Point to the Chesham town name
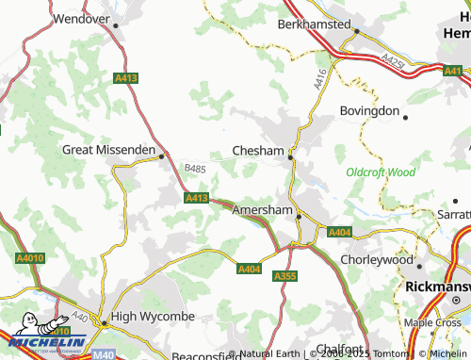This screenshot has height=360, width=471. point(258,150)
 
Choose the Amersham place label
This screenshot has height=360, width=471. point(262,208)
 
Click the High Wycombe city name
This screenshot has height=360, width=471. point(149,317)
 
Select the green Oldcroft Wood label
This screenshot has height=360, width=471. point(381,172)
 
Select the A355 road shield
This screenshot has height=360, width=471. point(284,275)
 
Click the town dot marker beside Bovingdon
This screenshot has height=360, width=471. point(404,116)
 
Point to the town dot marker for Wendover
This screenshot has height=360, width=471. point(115,25)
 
